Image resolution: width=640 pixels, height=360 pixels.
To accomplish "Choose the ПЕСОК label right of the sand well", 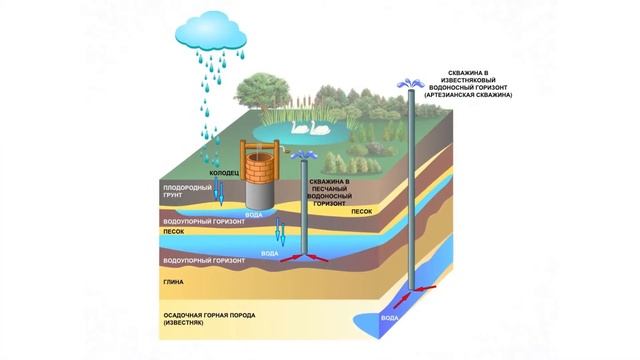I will coord(361,212).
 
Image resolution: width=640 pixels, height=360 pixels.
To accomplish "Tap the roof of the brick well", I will coord(257,148).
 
